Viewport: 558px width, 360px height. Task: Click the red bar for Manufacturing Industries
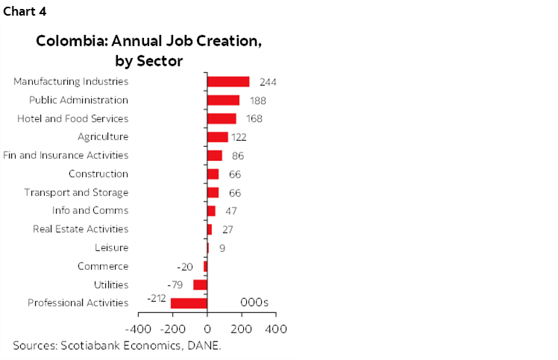pyautogui.click(x=228, y=81)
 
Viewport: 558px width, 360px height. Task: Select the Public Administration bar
pyautogui.click(x=223, y=100)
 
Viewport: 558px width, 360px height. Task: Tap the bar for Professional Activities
pyautogui.click(x=189, y=303)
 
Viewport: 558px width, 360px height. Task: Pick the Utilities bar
pyautogui.click(x=200, y=285)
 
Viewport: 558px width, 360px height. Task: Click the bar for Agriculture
pyautogui.click(x=217, y=137)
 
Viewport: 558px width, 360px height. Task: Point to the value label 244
pyautogui.click(x=269, y=82)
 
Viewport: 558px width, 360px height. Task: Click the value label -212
pyautogui.click(x=155, y=299)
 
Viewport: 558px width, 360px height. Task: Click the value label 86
pyautogui.click(x=238, y=156)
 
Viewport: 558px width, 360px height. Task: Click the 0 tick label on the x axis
pyautogui.click(x=207, y=328)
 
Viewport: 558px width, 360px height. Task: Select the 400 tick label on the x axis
pyautogui.click(x=276, y=328)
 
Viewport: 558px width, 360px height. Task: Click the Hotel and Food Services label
pyautogui.click(x=72, y=119)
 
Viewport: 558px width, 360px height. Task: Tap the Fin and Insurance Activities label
pyautogui.click(x=66, y=155)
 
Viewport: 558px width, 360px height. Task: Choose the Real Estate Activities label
pyautogui.click(x=81, y=229)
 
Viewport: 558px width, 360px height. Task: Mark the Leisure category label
pyautogui.click(x=111, y=247)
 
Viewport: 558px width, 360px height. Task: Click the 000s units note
pyautogui.click(x=254, y=302)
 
